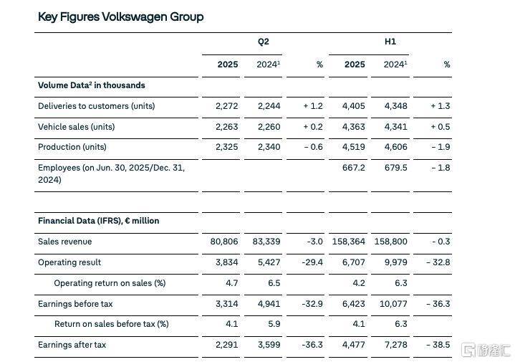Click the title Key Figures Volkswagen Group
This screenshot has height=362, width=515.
[x=120, y=16]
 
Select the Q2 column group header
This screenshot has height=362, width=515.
[x=263, y=42]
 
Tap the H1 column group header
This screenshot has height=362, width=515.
[x=390, y=42]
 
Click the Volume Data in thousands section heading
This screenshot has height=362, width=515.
[x=91, y=85]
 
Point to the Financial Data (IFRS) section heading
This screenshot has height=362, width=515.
[x=99, y=221]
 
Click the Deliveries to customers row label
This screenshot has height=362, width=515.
[x=96, y=106]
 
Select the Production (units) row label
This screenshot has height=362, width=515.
[x=72, y=147]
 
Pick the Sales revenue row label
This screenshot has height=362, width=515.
[x=64, y=242]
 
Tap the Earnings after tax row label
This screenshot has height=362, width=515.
[x=72, y=345]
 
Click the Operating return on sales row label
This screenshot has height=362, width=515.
[x=110, y=283]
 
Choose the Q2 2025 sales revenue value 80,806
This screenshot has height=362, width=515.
[x=224, y=242]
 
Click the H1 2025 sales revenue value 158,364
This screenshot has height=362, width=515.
[x=349, y=242]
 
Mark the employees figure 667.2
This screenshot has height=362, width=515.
[x=353, y=168]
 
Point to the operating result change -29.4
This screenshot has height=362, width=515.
[x=312, y=262]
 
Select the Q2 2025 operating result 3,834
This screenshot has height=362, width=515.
[x=226, y=262]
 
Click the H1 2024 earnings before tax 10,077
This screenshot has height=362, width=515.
[x=393, y=304]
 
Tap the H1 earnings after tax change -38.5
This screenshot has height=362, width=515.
[x=438, y=345]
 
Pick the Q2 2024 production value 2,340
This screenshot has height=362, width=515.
[x=269, y=147]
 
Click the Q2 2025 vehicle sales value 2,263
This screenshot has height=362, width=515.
[x=226, y=127]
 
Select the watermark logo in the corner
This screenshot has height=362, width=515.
[x=486, y=350]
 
